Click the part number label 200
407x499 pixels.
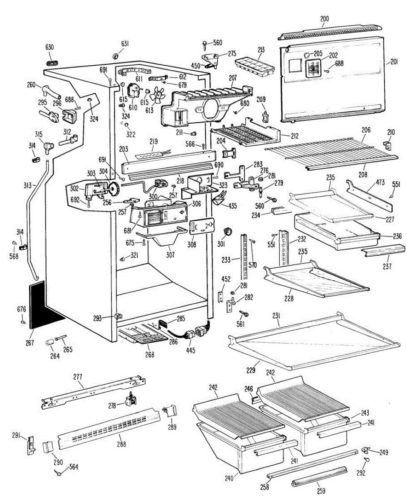tap(325, 18)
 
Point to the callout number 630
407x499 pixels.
tap(49, 47)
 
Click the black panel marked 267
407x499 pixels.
tap(45, 304)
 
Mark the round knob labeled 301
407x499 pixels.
tap(227, 231)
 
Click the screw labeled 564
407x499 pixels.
tap(59, 471)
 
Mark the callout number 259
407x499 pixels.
tap(321, 491)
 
